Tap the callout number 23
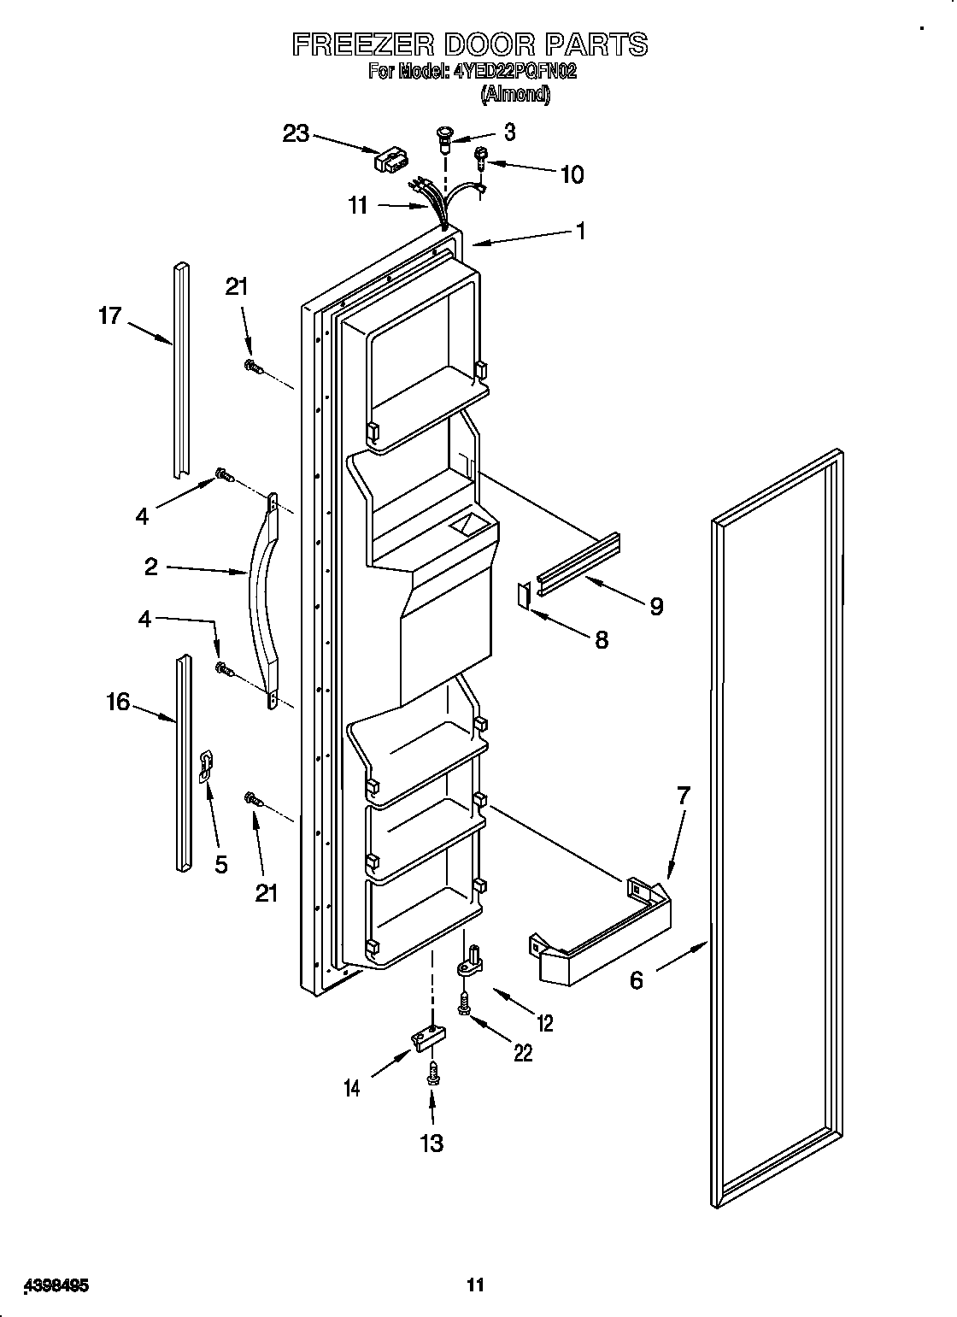point(296,134)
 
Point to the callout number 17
point(110,317)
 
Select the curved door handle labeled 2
point(261,598)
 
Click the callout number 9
point(656,606)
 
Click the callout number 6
point(637,980)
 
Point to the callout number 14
point(351,1088)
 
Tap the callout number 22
point(522,1053)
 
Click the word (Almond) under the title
point(515,94)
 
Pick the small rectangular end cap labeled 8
point(523,595)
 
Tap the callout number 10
point(572,174)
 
